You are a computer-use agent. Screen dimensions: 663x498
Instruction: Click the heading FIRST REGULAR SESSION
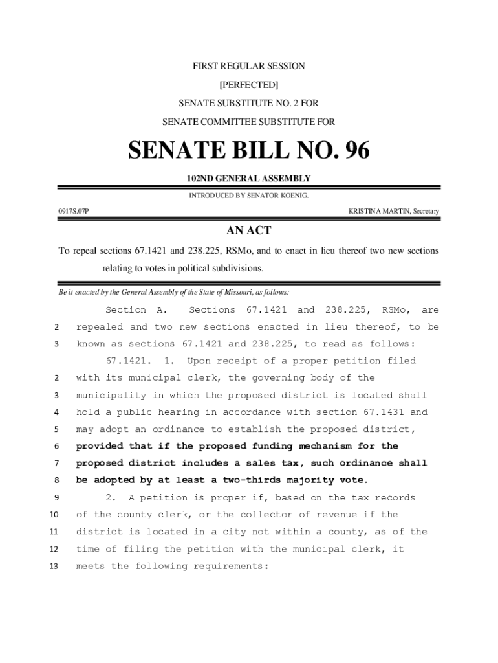[x=249, y=66]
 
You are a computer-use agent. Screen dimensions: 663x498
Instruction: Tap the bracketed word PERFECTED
[x=249, y=85]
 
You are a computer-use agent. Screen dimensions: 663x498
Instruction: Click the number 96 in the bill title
[x=351, y=151]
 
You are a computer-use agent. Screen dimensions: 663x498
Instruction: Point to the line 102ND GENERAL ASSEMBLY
[x=249, y=179]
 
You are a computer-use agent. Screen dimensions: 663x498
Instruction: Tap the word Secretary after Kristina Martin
[x=423, y=212]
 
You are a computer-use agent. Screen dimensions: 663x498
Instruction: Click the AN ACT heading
[x=249, y=231]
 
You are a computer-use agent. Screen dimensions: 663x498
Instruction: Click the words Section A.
[x=136, y=310]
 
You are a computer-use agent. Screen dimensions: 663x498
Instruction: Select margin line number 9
[x=56, y=498]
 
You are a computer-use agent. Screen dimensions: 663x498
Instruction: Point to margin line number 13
[x=55, y=566]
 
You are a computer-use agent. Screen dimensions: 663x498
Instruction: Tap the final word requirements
[x=229, y=566]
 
